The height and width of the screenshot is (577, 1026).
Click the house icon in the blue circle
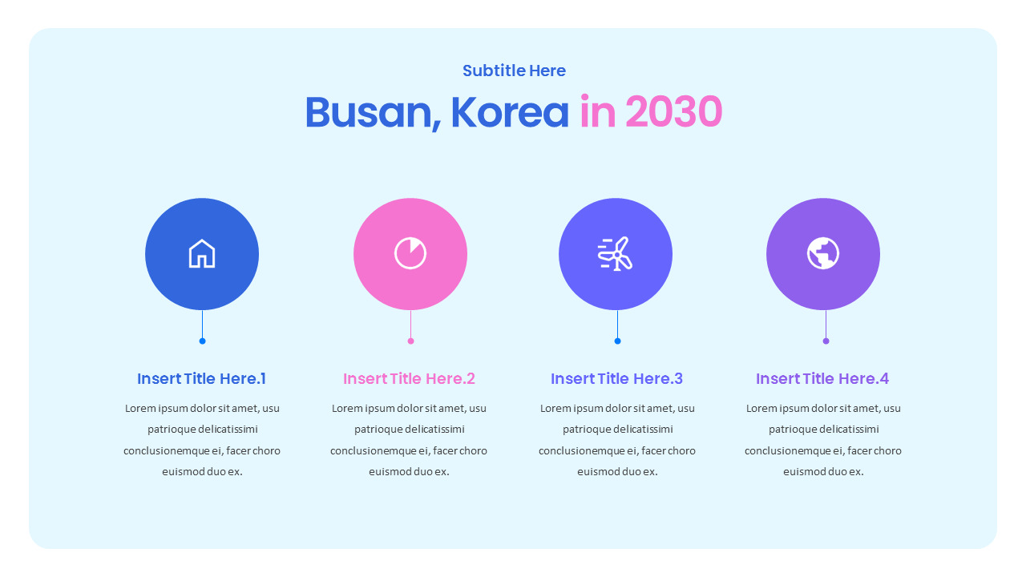(202, 254)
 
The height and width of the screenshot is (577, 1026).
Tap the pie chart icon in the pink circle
(410, 253)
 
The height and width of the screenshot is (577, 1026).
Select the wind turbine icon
(615, 254)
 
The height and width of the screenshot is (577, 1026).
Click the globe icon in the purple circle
(823, 253)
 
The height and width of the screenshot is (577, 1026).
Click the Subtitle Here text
(514, 71)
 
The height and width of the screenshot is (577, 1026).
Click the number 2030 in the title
(673, 112)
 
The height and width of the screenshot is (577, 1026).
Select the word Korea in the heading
(510, 112)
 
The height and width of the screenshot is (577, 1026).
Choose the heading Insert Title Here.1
(201, 378)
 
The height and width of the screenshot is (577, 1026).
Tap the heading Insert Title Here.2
(409, 378)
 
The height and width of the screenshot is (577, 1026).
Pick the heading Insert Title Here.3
(616, 378)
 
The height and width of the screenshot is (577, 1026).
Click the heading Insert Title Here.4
(822, 378)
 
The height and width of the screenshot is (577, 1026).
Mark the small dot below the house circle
(202, 341)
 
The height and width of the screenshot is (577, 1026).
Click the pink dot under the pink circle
(410, 341)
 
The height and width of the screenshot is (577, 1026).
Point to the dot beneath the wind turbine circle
(617, 341)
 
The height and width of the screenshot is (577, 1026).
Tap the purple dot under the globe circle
(826, 341)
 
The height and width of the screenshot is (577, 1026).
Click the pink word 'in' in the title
(596, 112)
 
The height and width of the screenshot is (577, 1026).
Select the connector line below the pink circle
(410, 325)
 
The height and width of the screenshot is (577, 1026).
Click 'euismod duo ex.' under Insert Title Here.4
(823, 472)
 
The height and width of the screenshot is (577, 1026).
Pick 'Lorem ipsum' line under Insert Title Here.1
(202, 409)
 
